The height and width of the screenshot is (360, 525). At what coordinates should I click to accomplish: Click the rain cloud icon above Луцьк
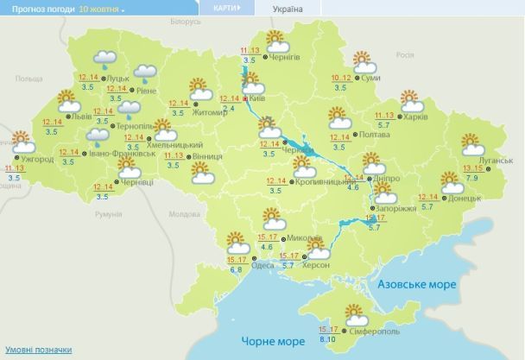pyautogui.click(x=106, y=60)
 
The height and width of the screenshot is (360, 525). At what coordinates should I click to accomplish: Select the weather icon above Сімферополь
pyautogui.click(x=355, y=313)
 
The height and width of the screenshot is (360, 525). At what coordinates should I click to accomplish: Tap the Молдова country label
pyautogui.click(x=186, y=213)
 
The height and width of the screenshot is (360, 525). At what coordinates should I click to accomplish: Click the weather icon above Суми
pyautogui.click(x=363, y=62)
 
